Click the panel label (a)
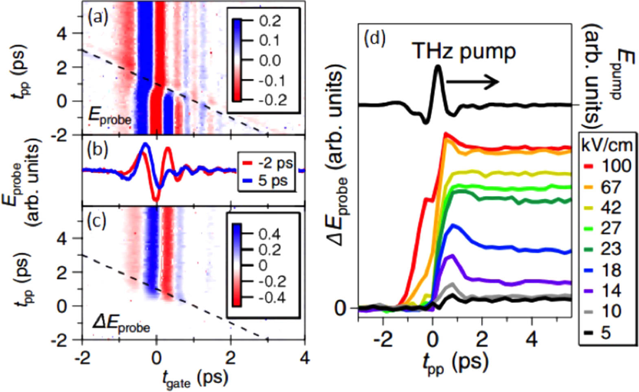tap(98, 18)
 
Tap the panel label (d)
tap(374, 38)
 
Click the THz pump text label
tap(464, 52)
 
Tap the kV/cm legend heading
tap(607, 145)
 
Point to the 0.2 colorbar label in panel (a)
tap(270, 21)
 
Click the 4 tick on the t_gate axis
tap(304, 358)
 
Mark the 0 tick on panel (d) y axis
tap(340, 308)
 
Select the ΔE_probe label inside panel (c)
tap(121, 325)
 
